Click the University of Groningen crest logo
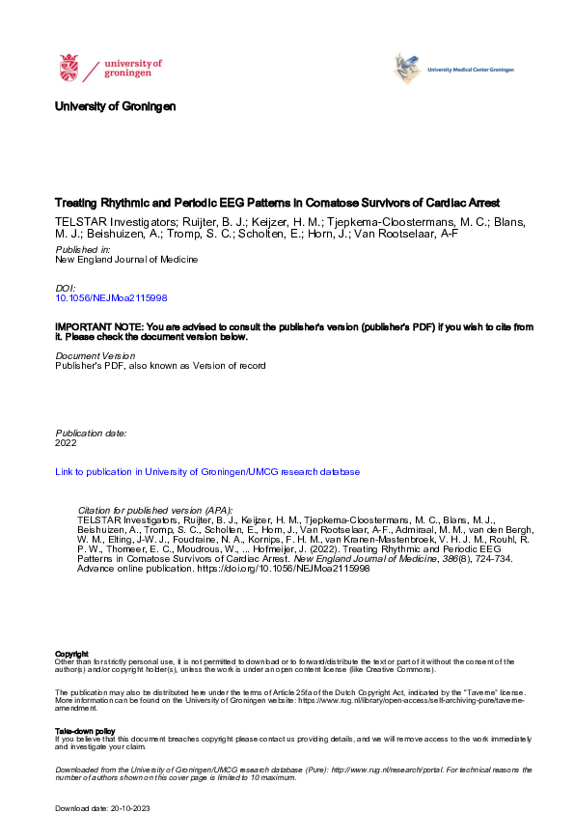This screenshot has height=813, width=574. (x=69, y=69)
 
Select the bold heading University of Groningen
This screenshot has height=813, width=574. (x=115, y=105)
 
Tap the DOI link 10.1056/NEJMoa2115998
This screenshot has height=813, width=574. (x=112, y=299)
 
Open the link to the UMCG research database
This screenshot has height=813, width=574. (x=207, y=472)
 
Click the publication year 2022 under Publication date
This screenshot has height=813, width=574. (x=66, y=443)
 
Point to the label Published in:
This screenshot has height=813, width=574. (x=82, y=249)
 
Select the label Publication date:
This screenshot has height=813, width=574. (x=91, y=434)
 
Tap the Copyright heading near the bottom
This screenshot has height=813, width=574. (x=72, y=654)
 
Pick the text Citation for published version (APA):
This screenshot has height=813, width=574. (x=154, y=509)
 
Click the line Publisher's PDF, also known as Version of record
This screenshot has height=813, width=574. (x=160, y=366)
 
